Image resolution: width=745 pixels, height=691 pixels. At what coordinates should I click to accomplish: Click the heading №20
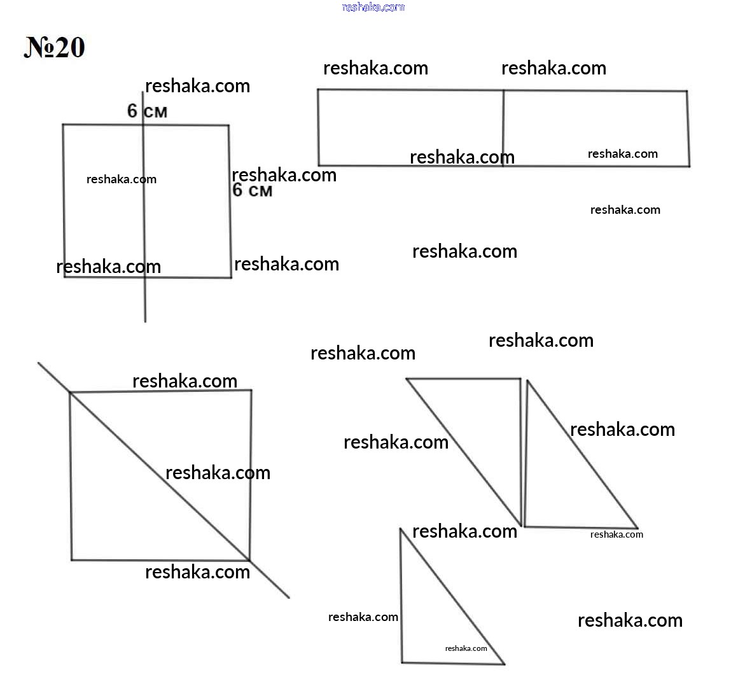point(54,48)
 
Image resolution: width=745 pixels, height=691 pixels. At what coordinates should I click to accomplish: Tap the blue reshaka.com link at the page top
point(373,7)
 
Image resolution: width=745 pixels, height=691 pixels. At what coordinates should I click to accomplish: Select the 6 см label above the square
point(147,111)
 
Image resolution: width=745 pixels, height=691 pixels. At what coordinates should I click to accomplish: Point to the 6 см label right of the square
point(253,190)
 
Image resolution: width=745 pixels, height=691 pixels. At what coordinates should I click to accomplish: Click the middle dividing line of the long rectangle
point(504,128)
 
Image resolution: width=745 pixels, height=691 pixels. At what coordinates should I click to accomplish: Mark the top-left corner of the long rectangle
point(318,89)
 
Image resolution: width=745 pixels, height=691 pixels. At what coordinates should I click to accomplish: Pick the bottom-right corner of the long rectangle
point(689,166)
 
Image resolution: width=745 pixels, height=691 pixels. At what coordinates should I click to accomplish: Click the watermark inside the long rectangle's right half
point(622,154)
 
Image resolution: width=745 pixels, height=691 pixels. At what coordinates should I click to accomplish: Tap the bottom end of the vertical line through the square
point(145,322)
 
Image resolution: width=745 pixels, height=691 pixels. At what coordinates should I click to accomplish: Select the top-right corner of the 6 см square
point(228,125)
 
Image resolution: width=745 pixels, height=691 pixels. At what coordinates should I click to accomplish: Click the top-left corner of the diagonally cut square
point(71,393)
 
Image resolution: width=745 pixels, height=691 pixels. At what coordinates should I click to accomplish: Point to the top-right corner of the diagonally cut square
point(251,390)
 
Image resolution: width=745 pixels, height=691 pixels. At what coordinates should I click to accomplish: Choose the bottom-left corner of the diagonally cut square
point(72,560)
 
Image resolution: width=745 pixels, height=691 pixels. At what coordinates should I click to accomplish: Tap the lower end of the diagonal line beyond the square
point(289,598)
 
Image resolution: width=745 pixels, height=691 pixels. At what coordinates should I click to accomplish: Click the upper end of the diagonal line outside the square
point(38,363)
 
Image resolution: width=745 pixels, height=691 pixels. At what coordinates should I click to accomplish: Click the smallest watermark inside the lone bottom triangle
point(466,648)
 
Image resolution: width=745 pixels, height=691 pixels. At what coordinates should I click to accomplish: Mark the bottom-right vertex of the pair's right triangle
point(637,528)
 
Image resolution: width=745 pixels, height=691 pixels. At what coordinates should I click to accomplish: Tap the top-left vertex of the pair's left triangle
point(407,379)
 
